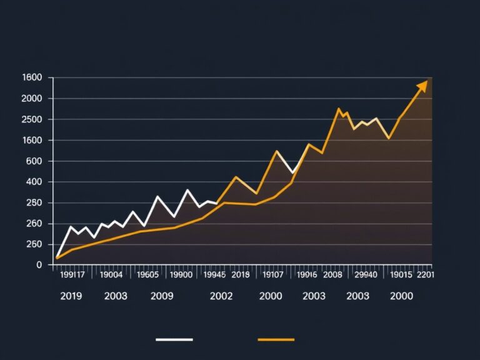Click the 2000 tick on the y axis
pyautogui.click(x=31, y=99)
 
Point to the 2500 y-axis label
pyautogui.click(x=31, y=119)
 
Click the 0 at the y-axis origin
pyautogui.click(x=39, y=265)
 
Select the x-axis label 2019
pyautogui.click(x=71, y=296)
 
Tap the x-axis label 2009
pyautogui.click(x=162, y=296)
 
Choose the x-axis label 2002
pyautogui.click(x=221, y=296)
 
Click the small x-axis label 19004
pyautogui.click(x=111, y=274)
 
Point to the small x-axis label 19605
pyautogui.click(x=147, y=274)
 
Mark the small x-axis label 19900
pyautogui.click(x=181, y=274)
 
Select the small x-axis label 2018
pyautogui.click(x=241, y=274)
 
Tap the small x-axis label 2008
pyautogui.click(x=332, y=274)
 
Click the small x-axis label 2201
pyautogui.click(x=425, y=274)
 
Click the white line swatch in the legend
pyautogui.click(x=174, y=340)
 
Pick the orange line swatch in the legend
pyautogui.click(x=276, y=340)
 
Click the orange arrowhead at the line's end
pyautogui.click(x=423, y=85)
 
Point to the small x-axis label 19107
pyautogui.click(x=272, y=274)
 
